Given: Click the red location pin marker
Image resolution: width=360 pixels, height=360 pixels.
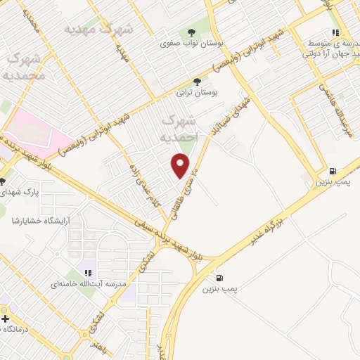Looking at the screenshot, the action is [x=181, y=165].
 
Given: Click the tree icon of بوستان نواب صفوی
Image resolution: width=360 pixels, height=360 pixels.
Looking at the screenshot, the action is [x=192, y=32].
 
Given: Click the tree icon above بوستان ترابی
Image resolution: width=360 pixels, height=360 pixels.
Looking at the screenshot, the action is [x=207, y=82].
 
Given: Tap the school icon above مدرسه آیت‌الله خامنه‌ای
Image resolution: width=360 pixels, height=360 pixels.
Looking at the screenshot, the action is [x=88, y=272].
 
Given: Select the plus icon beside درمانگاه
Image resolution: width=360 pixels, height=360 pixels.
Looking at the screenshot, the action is [x=5, y=319].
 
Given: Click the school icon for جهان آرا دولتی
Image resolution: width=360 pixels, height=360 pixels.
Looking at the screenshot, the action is [x=336, y=32].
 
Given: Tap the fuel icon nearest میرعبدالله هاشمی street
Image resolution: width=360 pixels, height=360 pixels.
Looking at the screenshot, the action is [x=332, y=171].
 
